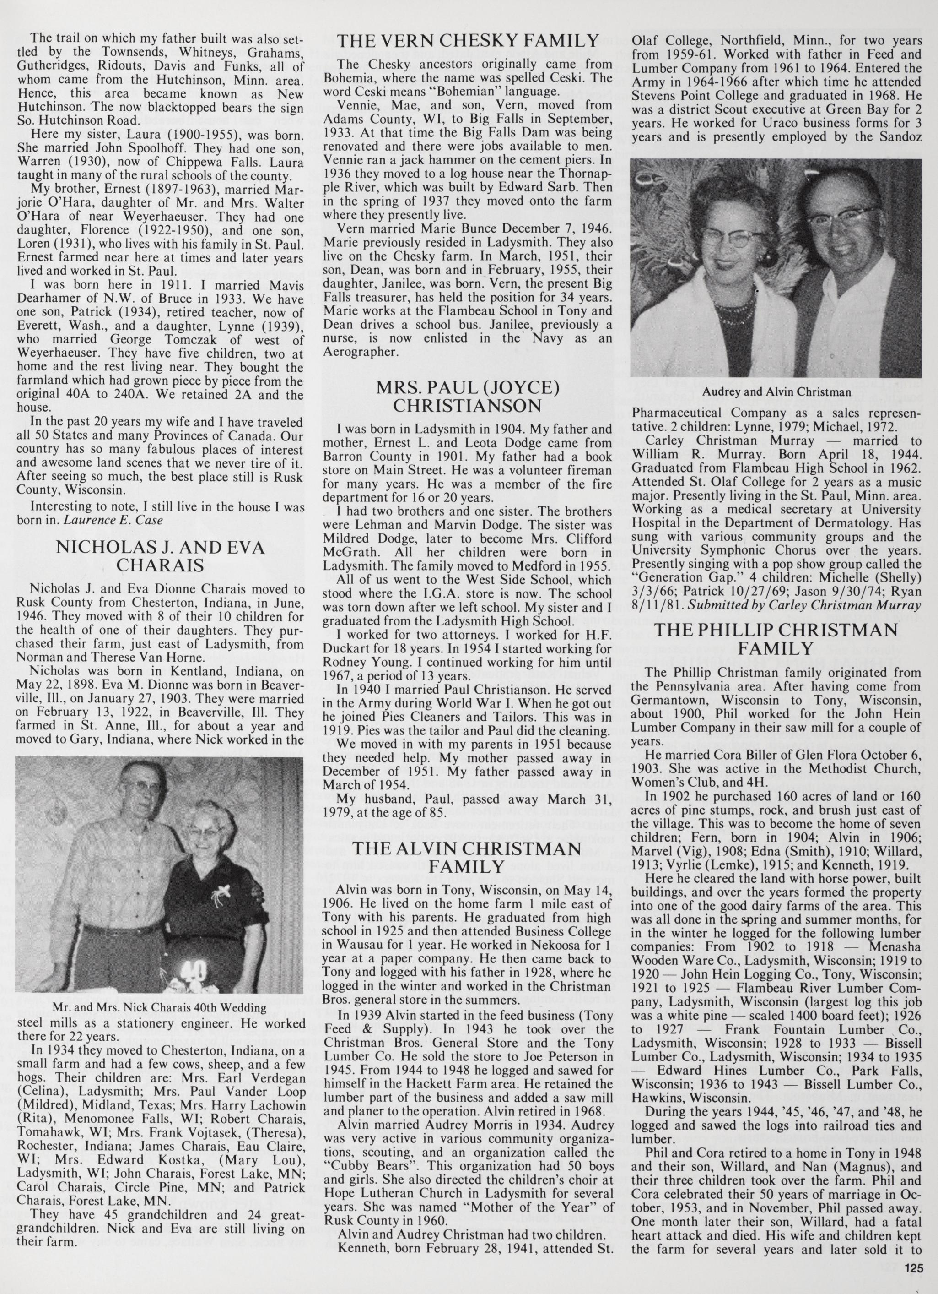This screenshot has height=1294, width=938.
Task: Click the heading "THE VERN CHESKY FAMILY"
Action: [x=468, y=41]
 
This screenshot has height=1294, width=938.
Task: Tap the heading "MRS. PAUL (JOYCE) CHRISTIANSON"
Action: [x=467, y=397]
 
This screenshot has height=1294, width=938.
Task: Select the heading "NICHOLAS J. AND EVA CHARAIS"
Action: [x=160, y=556]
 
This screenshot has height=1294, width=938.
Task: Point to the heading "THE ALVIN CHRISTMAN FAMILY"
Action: [x=467, y=858]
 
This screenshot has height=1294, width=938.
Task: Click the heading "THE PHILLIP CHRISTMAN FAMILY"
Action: [x=776, y=639]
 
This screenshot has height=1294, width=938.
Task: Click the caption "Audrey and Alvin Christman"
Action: [x=776, y=392]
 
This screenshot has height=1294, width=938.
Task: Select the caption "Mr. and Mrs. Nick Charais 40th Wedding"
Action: [x=159, y=1007]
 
